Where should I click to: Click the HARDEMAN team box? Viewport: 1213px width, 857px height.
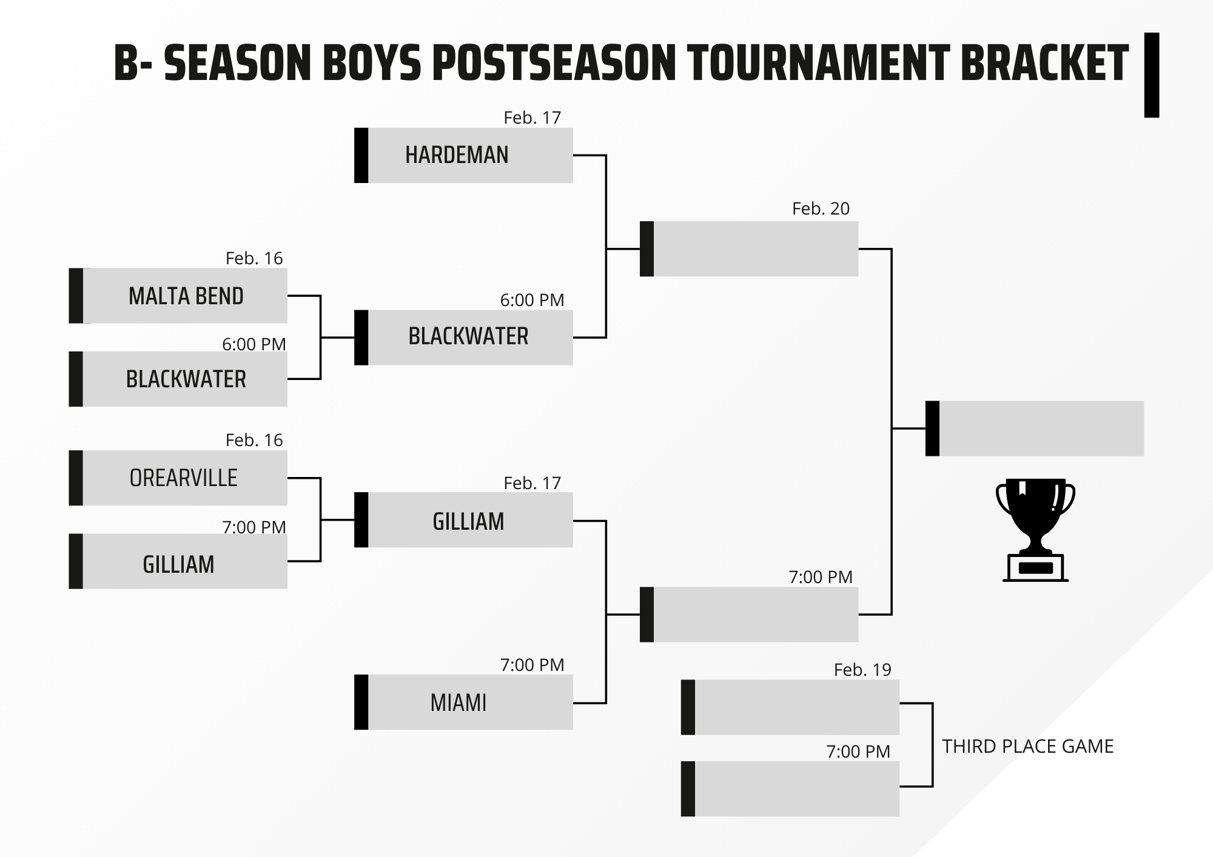[464, 155]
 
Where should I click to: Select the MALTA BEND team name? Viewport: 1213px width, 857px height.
[186, 296]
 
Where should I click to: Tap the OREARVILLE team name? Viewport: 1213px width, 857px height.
[184, 478]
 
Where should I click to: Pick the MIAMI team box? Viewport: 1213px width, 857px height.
[464, 702]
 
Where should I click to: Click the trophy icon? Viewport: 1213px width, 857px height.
[1035, 531]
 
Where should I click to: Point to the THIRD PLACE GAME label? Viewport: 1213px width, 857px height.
[1027, 746]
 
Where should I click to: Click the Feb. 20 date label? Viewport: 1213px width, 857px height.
[821, 208]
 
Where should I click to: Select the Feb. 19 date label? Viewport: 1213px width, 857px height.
[862, 670]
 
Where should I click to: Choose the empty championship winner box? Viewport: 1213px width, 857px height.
[1035, 428]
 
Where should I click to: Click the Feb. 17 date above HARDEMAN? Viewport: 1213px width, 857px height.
[532, 118]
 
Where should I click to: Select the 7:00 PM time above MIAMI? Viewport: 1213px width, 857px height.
[532, 665]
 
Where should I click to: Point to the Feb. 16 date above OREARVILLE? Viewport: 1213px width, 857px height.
[254, 440]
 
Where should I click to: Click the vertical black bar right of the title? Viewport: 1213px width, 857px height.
[1152, 75]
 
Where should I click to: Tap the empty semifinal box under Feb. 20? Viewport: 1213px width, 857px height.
[749, 249]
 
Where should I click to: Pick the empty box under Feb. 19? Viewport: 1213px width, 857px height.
[790, 707]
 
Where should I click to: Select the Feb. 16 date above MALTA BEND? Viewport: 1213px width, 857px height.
[254, 258]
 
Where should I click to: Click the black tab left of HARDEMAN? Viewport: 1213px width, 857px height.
[361, 155]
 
